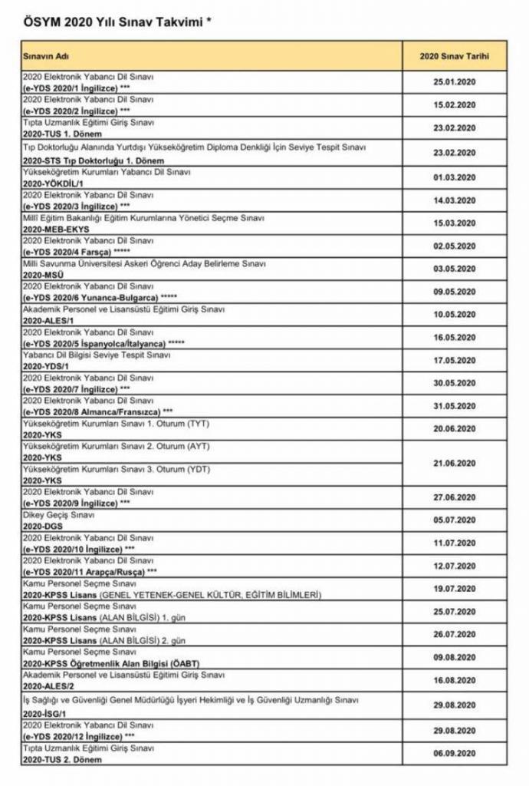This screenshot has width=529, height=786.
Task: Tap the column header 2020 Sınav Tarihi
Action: pos(455,56)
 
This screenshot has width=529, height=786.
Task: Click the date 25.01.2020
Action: pos(455,83)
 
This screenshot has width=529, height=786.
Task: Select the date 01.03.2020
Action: pos(455,177)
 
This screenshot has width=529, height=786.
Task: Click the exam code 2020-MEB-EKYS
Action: pos(57,230)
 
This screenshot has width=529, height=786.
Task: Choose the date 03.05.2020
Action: pos(455,269)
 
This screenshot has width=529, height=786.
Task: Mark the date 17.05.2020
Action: pos(455,360)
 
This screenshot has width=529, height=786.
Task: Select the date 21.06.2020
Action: pos(455,463)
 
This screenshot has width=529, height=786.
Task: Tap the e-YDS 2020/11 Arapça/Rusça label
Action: pos(87,572)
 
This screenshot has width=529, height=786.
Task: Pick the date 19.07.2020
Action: pos(455,589)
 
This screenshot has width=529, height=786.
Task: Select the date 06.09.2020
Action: pos(455,754)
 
